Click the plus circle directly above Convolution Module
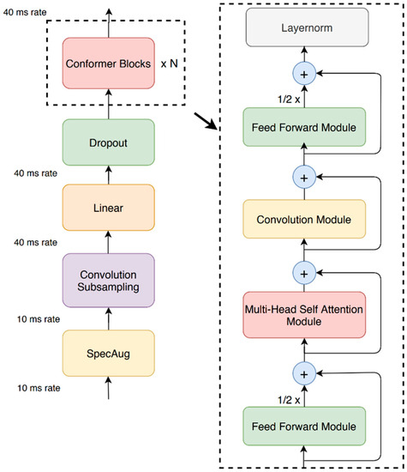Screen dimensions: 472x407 305,176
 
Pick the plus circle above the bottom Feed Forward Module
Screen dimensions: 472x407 305,373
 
